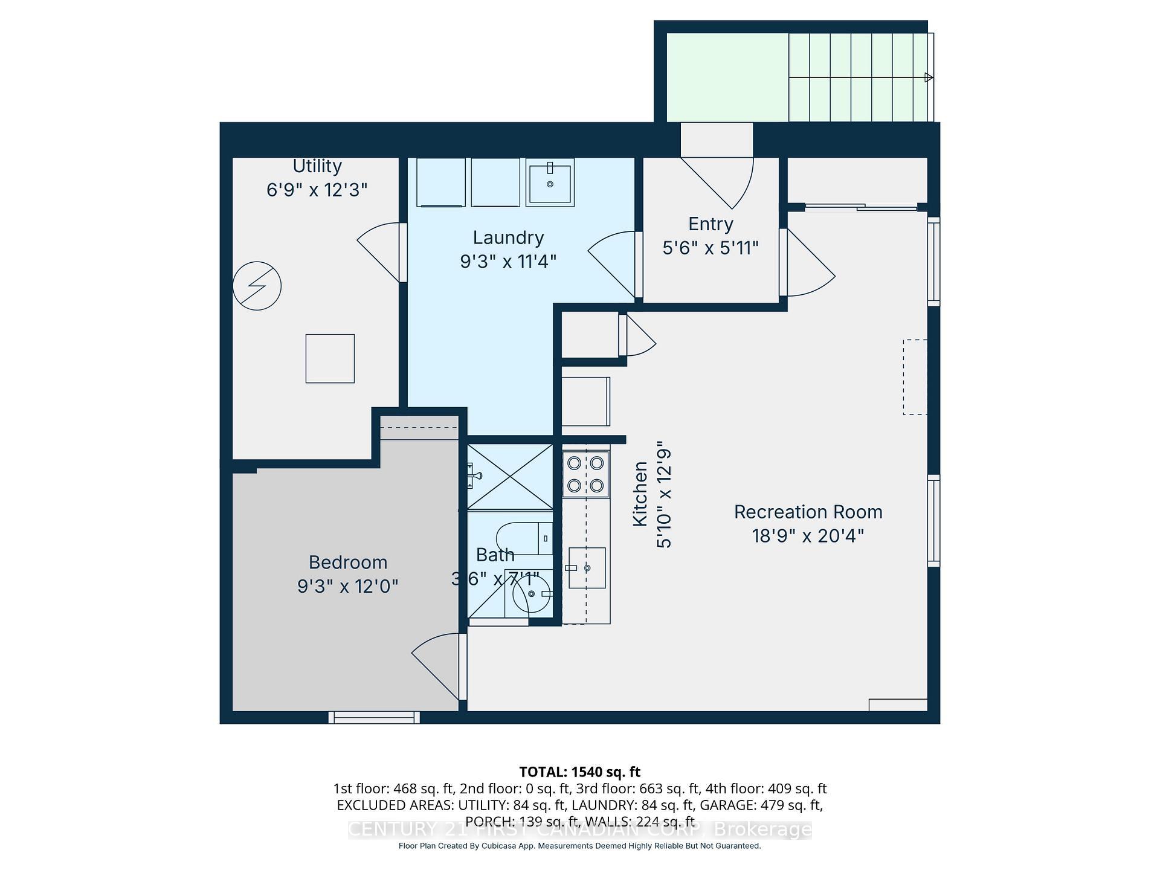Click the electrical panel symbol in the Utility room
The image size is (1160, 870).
[257, 286]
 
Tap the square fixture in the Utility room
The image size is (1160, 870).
[330, 358]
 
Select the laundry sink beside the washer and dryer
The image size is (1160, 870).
[550, 182]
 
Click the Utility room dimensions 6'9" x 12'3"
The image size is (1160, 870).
[317, 190]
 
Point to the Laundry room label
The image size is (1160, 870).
[508, 237]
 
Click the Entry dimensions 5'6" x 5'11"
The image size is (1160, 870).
[710, 248]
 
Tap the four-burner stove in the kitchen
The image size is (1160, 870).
[585, 474]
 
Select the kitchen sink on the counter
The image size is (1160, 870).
[587, 568]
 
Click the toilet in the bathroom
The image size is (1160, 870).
[523, 538]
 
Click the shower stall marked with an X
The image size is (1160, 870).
[511, 477]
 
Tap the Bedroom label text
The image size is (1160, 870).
[348, 562]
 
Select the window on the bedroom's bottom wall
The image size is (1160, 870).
[374, 717]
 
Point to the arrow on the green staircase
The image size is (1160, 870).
[929, 77]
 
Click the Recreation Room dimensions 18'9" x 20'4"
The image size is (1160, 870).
[808, 536]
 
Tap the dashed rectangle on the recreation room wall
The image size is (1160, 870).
[915, 377]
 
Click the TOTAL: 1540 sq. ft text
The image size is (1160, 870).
[579, 772]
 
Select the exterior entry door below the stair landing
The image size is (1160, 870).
[717, 175]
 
